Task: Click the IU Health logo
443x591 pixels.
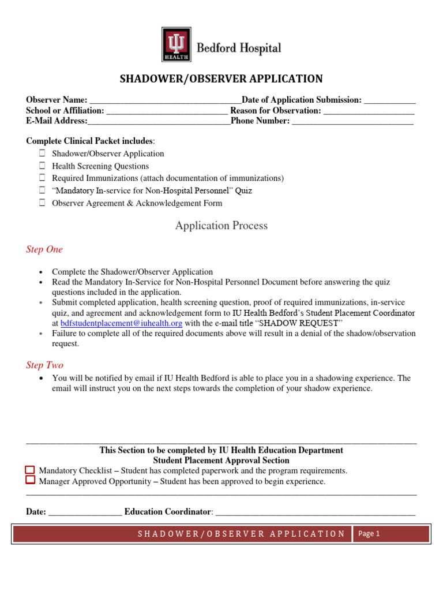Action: pos(176,45)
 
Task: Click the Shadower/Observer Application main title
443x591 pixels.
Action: pos(221,79)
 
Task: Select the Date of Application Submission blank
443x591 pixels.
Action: pos(389,100)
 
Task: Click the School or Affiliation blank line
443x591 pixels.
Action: pos(167,111)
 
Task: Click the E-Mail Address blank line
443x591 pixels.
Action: pos(159,121)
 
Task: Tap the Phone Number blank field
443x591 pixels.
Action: pos(352,121)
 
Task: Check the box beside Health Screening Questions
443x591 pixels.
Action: pos(43,166)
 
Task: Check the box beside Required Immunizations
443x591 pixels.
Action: pos(43,178)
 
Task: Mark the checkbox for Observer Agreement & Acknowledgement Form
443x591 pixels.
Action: pos(43,203)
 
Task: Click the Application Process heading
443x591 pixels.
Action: pos(221,226)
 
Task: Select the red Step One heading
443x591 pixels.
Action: pos(44,250)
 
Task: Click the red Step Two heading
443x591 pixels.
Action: pos(44,365)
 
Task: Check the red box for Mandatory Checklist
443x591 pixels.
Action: pos(30,470)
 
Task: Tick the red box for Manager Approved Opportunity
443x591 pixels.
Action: pos(30,480)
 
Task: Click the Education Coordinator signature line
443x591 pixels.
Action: pos(315,512)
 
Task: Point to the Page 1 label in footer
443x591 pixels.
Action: pos(369,534)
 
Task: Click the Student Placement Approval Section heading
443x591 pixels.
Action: pos(221,461)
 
